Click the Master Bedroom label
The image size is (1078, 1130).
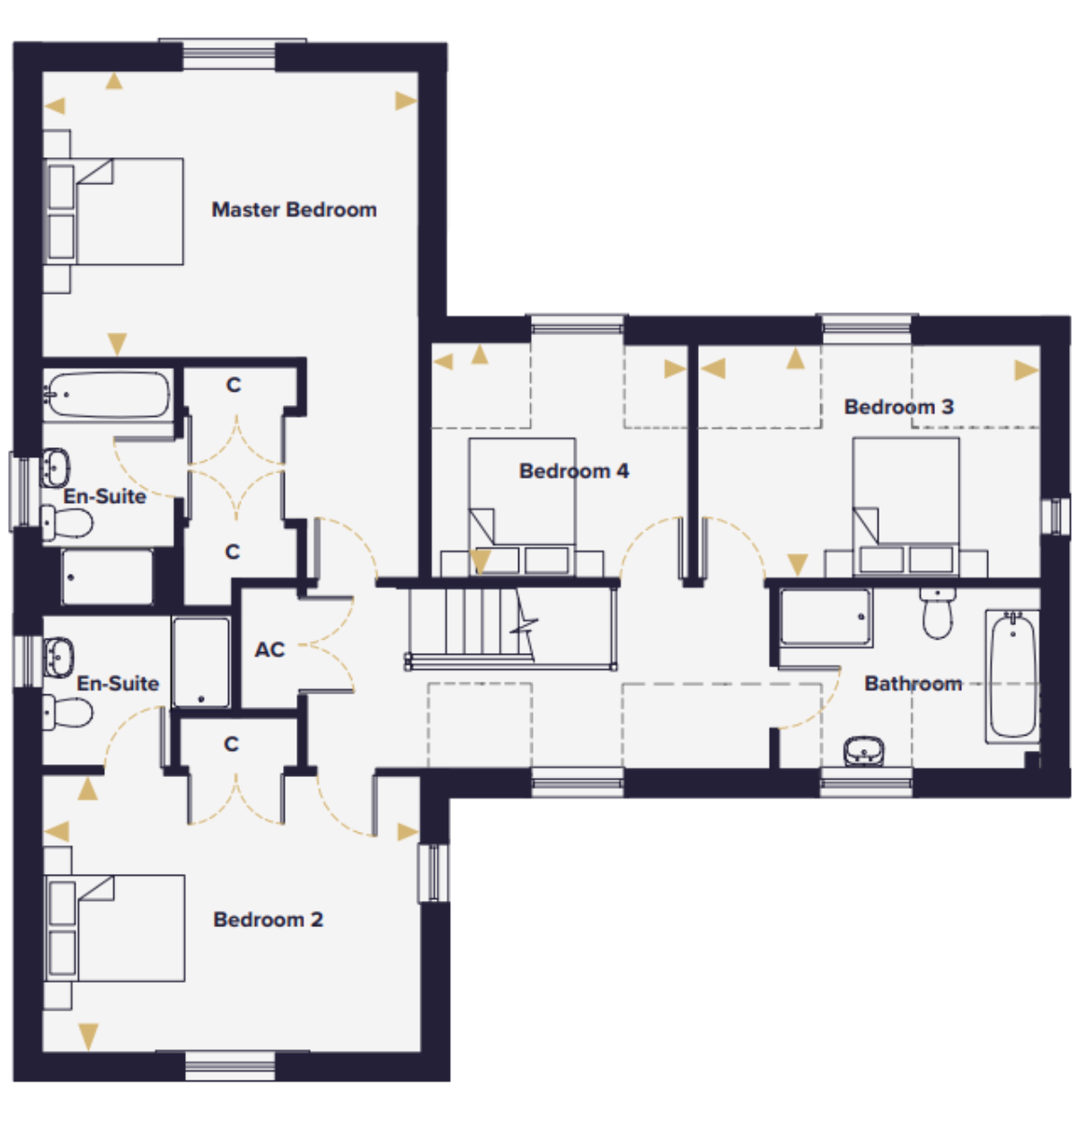[295, 210]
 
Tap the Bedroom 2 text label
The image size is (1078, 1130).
[268, 920]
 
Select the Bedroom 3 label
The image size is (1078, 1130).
[898, 407]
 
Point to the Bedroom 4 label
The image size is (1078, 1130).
[574, 472]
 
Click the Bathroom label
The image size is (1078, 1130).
[913, 684]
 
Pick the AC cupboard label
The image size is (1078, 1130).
[269, 650]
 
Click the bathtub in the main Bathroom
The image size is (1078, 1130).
[1013, 675]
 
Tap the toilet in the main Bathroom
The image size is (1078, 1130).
[937, 613]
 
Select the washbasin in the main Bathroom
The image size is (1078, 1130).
[863, 751]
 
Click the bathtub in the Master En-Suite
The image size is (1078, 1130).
[108, 394]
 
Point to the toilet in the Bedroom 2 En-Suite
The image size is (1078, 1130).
[67, 712]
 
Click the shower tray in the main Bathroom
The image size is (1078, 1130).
[826, 617]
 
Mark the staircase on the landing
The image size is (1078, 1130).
[510, 629]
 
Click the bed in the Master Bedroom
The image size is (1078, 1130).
[113, 211]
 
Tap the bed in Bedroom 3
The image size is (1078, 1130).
[906, 507]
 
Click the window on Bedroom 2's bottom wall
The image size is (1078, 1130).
[231, 1066]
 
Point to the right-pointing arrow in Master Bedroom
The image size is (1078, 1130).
[406, 102]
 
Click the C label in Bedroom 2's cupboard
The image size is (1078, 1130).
[231, 745]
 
